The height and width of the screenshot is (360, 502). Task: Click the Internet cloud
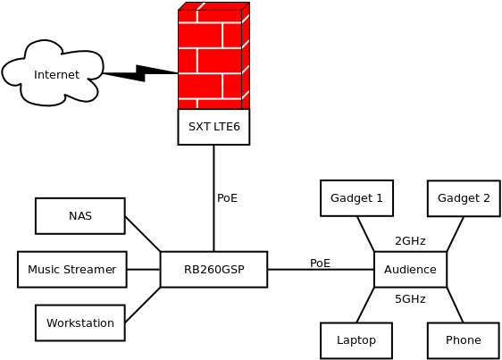click(x=54, y=74)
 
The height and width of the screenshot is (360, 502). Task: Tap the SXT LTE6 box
click(x=213, y=127)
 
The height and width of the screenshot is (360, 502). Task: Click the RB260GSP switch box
click(x=213, y=270)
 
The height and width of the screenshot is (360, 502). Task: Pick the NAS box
click(x=79, y=216)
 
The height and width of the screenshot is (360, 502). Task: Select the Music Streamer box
click(x=71, y=270)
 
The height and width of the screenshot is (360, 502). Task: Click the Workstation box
click(x=79, y=323)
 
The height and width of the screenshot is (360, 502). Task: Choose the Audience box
click(x=410, y=270)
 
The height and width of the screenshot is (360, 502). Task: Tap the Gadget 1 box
click(x=356, y=198)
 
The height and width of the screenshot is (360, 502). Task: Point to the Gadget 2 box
click(x=464, y=198)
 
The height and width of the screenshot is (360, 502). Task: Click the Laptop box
click(x=356, y=340)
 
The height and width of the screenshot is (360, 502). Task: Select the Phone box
click(x=463, y=340)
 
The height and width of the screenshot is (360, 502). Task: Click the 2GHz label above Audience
click(x=410, y=241)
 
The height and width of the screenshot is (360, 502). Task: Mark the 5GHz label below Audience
click(x=410, y=299)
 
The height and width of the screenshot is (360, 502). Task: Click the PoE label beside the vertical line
click(x=227, y=198)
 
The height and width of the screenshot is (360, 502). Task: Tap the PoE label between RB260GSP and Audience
click(x=320, y=264)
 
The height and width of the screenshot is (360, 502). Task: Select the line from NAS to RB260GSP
click(x=142, y=234)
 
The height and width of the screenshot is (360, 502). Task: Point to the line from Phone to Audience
click(x=455, y=305)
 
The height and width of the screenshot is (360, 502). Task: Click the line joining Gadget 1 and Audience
click(x=365, y=234)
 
